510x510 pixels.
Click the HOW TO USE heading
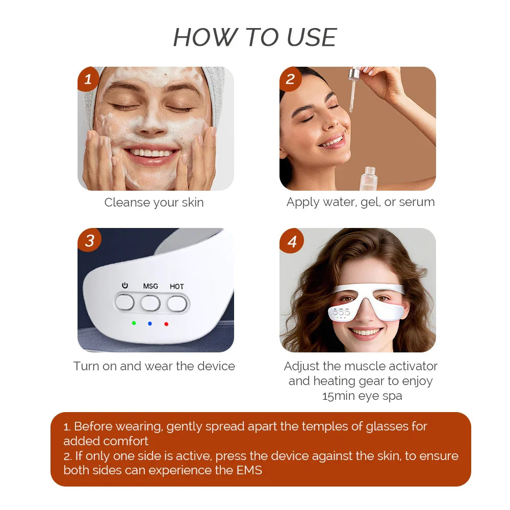pos(255,38)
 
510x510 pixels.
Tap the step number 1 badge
pos(89,79)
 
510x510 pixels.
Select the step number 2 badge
pos(291,79)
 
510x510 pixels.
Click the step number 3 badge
pos(89,240)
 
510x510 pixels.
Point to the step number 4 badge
pos(292,241)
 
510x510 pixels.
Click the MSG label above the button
pos(150,286)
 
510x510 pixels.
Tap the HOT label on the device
pos(177,286)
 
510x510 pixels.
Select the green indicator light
pos(134,323)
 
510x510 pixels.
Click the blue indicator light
pos(150,323)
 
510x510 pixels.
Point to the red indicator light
pos(166,323)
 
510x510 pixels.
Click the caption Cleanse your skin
pos(154,202)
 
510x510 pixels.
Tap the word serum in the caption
pos(417,202)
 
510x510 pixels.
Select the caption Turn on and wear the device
pos(154,366)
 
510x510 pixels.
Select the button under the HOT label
pos(177,303)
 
